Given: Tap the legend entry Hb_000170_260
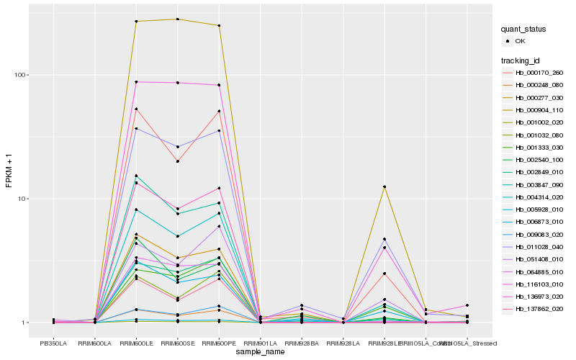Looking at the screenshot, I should coord(539,73).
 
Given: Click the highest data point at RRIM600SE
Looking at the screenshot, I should coord(178,19).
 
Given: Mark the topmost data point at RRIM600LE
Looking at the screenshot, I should coord(136,22).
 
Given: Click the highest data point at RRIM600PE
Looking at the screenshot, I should coord(219,26).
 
